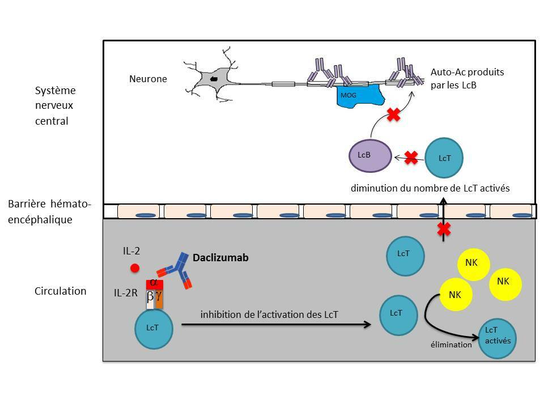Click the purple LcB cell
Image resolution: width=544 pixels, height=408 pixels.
pyautogui.click(x=369, y=155)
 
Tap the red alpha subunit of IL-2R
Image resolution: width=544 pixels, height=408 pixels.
pyautogui.click(x=154, y=283)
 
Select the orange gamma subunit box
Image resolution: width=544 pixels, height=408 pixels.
pyautogui.click(x=159, y=299)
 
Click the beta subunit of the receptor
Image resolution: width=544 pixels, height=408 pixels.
pyautogui.click(x=150, y=299)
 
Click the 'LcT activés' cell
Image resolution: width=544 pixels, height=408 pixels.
pyautogui.click(x=498, y=337)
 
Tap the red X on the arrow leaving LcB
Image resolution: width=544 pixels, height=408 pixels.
pyautogui.click(x=394, y=116)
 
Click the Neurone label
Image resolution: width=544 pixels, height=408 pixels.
pyautogui.click(x=148, y=79)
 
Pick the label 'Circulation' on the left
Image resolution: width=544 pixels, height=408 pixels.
pyautogui.click(x=61, y=291)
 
